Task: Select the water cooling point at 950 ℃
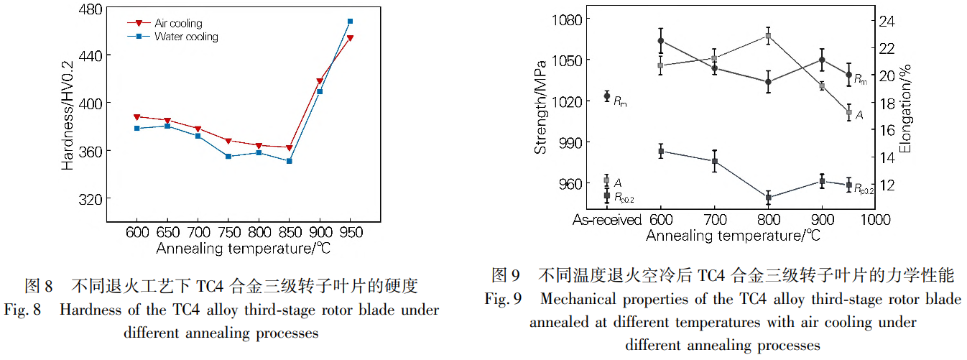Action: click(x=350, y=22)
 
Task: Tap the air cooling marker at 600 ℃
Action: click(x=137, y=116)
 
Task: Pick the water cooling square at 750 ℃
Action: click(x=228, y=156)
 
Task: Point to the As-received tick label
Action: click(x=607, y=219)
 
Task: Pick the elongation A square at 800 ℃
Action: click(x=768, y=36)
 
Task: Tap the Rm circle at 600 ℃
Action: click(x=661, y=41)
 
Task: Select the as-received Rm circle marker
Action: click(x=607, y=96)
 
